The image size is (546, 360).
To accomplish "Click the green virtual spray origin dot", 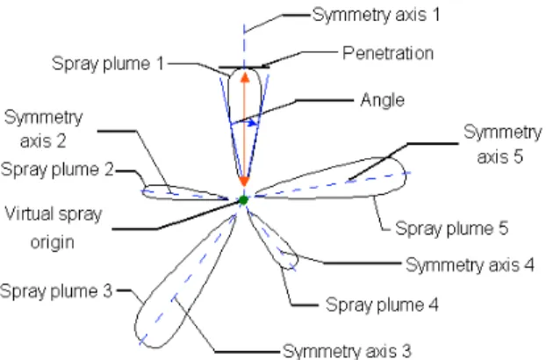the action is (x=243, y=200).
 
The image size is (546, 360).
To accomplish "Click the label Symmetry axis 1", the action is (x=376, y=15).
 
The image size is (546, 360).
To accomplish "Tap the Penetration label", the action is (x=388, y=54).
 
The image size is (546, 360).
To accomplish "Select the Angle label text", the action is (x=383, y=100).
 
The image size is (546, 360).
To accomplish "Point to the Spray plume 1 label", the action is (x=108, y=64).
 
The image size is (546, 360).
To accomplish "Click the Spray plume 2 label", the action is (x=57, y=170).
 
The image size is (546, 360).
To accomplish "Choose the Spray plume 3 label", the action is (x=56, y=291).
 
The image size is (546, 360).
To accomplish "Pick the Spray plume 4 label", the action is (x=382, y=305).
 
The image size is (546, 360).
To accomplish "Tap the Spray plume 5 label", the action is (x=451, y=229).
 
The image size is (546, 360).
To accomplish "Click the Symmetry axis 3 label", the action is (x=347, y=351).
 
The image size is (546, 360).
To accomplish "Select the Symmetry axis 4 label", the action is (x=471, y=265).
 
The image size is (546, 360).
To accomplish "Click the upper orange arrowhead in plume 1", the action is (x=245, y=77).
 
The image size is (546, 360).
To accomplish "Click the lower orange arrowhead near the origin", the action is (x=244, y=182).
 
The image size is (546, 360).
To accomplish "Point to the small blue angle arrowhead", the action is (x=254, y=123).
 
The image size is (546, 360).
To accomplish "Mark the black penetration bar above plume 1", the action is (x=244, y=68).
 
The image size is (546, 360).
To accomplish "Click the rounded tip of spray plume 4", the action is (x=291, y=263).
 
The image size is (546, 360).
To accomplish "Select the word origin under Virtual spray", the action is (x=53, y=242).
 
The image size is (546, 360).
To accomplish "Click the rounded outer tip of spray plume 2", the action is (x=144, y=191).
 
